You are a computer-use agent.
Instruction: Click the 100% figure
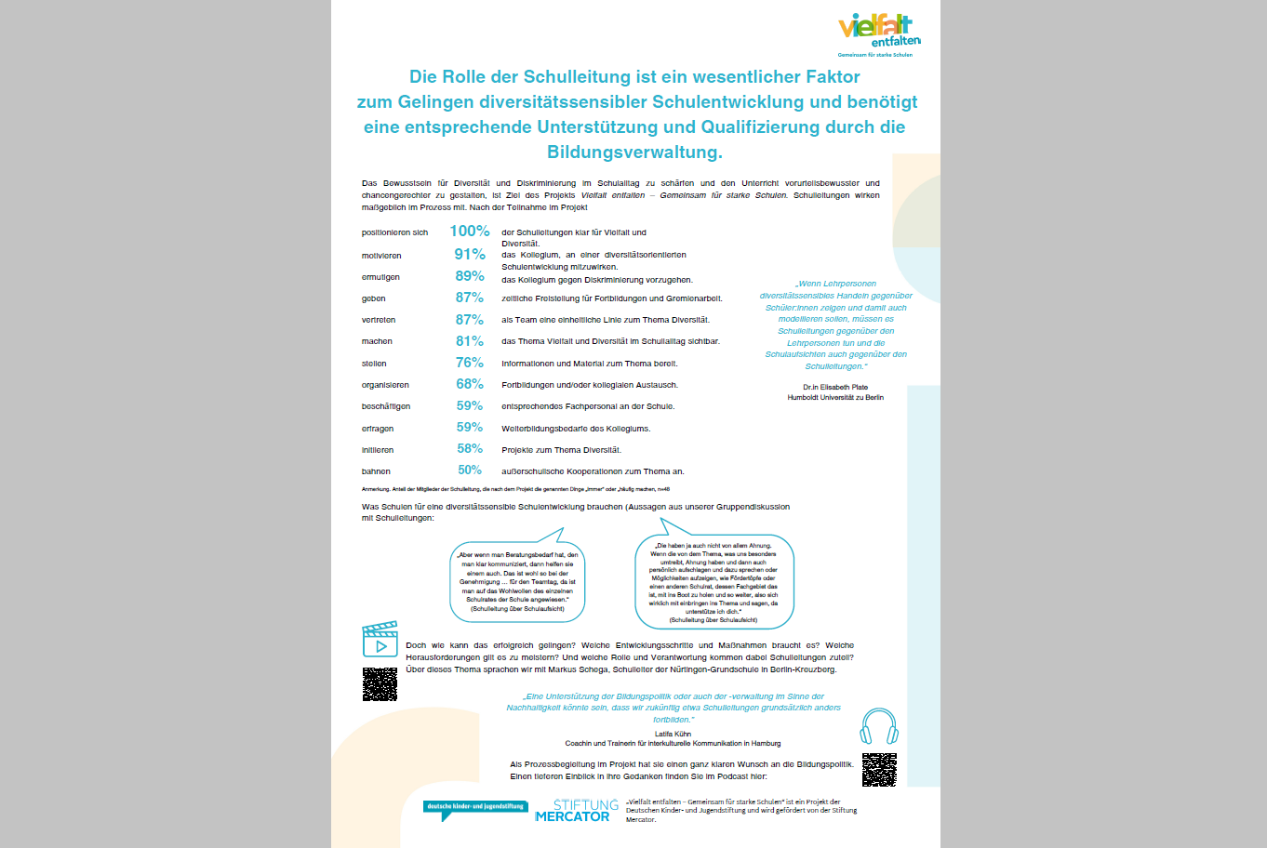(x=470, y=232)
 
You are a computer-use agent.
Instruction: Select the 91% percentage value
(x=470, y=255)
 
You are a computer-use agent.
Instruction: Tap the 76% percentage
(x=470, y=363)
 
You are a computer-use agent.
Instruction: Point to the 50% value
(x=470, y=470)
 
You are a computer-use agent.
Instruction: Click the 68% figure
(x=470, y=384)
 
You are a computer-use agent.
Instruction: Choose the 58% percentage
(x=470, y=449)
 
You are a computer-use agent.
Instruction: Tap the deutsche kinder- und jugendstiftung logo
(x=474, y=808)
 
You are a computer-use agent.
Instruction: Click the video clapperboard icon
(x=380, y=640)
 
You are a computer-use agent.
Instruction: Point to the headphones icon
(x=879, y=726)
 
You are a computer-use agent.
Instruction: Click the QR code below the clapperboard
(x=380, y=684)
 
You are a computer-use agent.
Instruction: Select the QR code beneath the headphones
(x=879, y=770)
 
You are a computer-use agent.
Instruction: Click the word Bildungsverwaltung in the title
(x=634, y=152)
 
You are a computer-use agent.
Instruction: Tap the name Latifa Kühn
(x=673, y=734)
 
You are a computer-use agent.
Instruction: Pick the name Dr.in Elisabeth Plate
(x=835, y=387)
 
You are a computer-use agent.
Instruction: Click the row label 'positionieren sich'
(x=394, y=232)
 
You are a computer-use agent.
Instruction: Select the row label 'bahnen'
(x=376, y=471)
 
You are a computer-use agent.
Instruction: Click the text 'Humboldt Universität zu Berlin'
(x=835, y=398)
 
